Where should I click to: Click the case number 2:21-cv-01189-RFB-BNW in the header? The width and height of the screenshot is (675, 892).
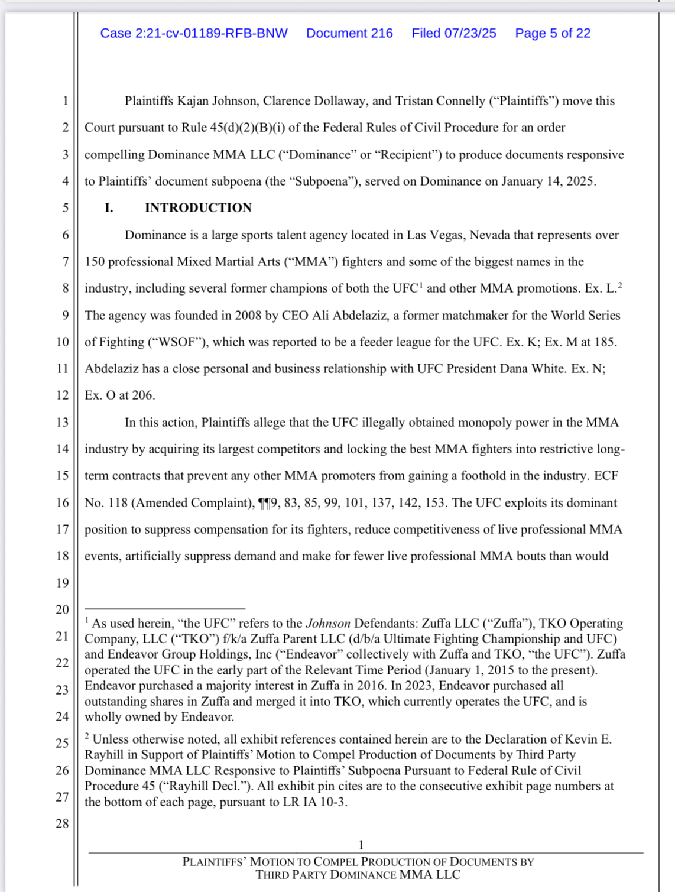click(x=194, y=33)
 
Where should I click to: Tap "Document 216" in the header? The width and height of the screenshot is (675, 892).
click(x=349, y=33)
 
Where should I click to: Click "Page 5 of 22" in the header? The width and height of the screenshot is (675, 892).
click(x=553, y=33)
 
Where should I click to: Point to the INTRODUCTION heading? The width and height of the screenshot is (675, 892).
click(x=198, y=207)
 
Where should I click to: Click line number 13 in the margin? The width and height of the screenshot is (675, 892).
click(x=62, y=422)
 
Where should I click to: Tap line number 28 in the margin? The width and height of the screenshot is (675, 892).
click(x=62, y=823)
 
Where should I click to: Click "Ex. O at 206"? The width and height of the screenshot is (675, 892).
click(x=119, y=395)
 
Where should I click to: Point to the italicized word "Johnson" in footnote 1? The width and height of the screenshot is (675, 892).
click(x=328, y=623)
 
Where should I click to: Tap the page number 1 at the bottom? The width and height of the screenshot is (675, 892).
click(x=361, y=845)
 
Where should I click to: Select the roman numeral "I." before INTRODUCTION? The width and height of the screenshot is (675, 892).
click(x=109, y=207)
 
